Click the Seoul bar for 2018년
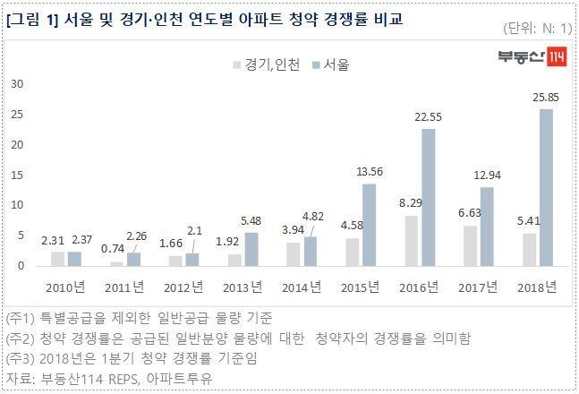click(545, 187)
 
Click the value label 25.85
click(545, 97)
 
